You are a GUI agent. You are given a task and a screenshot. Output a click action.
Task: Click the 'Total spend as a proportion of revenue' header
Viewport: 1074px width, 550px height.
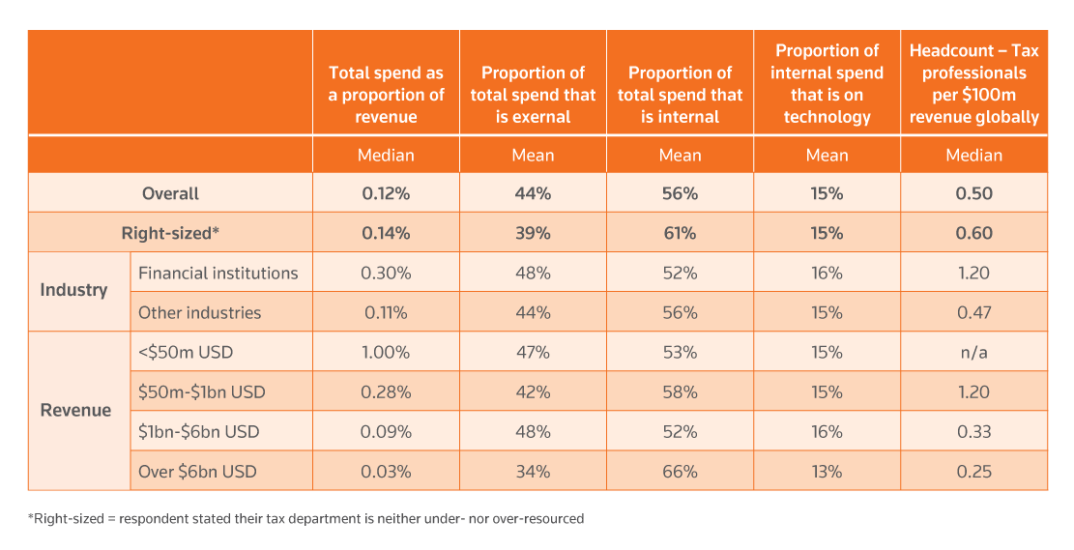click(x=386, y=95)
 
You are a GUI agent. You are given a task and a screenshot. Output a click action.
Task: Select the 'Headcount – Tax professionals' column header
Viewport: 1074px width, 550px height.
click(x=973, y=83)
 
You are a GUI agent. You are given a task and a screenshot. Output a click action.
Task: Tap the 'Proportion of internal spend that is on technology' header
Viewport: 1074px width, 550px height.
click(x=827, y=83)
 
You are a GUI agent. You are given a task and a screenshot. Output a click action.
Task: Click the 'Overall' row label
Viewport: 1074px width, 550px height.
click(x=170, y=193)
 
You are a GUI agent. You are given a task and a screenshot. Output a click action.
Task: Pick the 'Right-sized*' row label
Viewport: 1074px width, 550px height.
click(x=170, y=233)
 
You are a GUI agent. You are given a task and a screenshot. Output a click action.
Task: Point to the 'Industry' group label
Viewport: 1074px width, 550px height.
click(x=73, y=290)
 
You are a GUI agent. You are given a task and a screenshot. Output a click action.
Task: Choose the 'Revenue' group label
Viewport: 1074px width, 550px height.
click(x=75, y=410)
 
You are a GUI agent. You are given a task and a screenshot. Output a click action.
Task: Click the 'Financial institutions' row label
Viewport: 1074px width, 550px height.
click(x=218, y=273)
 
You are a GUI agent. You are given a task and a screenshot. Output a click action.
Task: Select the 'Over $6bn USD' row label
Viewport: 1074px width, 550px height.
click(x=197, y=472)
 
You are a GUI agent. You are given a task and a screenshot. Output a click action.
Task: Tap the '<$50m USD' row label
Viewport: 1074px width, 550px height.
click(x=186, y=352)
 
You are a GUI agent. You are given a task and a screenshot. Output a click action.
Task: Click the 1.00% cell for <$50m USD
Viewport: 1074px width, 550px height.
click(x=386, y=352)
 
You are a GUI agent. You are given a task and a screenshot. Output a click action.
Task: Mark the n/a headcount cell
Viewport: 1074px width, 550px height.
click(x=973, y=352)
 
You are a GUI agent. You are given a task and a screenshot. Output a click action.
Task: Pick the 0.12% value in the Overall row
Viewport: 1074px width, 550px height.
click(x=386, y=193)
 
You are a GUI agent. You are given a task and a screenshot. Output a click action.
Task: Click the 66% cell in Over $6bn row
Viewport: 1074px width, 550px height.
click(x=680, y=472)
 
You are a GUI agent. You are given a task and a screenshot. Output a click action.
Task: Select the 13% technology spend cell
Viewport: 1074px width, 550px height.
click(x=827, y=472)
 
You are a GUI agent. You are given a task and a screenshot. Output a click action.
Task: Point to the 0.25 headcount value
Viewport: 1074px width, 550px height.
click(x=973, y=472)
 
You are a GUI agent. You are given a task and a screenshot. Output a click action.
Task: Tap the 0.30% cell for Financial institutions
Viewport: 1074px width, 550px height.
click(x=386, y=273)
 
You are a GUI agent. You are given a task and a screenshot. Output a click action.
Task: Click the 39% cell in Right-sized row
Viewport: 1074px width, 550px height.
click(x=533, y=233)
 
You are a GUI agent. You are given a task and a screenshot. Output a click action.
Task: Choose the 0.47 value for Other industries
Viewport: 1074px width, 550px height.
click(x=973, y=312)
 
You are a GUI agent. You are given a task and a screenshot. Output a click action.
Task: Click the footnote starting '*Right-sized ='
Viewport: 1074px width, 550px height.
click(x=305, y=519)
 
